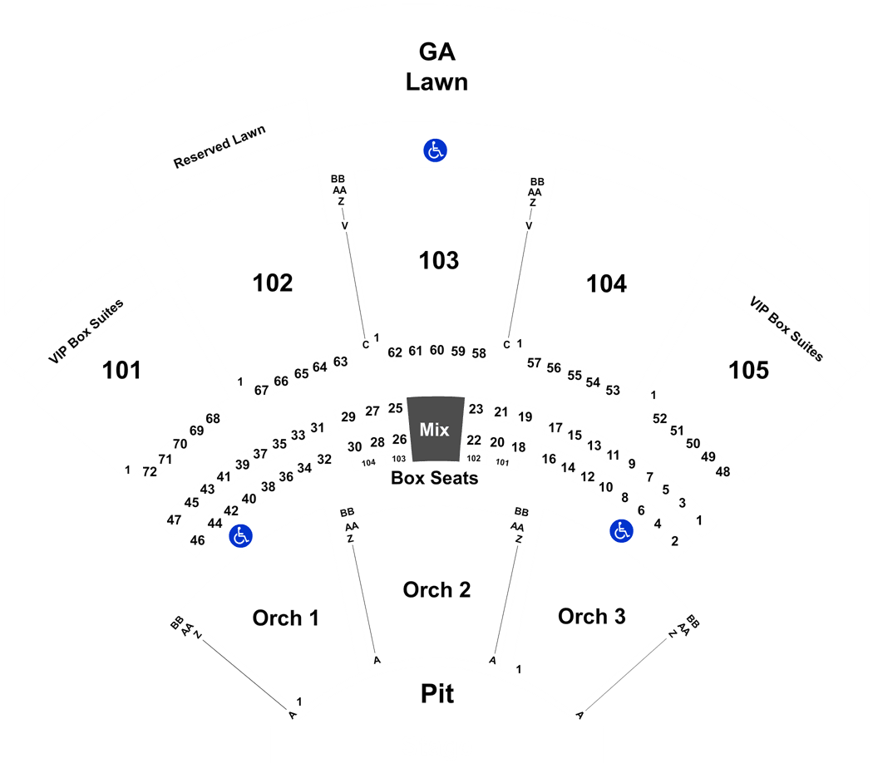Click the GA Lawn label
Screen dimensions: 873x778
pos(436,66)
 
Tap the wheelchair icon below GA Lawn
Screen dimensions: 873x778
pos(435,150)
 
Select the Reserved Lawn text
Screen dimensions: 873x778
pos(219,146)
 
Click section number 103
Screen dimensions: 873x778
pos(439,260)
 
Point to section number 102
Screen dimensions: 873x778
pos(272,283)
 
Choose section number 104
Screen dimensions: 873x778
pos(606,283)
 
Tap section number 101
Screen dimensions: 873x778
pos(121,370)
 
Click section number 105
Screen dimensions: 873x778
pos(748,370)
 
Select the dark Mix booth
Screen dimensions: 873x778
pos(436,429)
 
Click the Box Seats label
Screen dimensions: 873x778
pos(434,478)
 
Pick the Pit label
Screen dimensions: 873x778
pos(437,694)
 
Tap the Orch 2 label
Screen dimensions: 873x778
pos(436,590)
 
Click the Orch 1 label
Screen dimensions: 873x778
pos(285,618)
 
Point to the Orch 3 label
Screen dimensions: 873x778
pos(591,617)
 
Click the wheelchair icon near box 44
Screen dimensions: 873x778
pos(240,536)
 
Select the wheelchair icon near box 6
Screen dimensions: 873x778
pos(621,531)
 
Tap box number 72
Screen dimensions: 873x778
pos(149,472)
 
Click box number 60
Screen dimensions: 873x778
pos(436,350)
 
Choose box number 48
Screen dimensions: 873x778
pos(723,472)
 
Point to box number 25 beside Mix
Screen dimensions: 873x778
pos(395,408)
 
